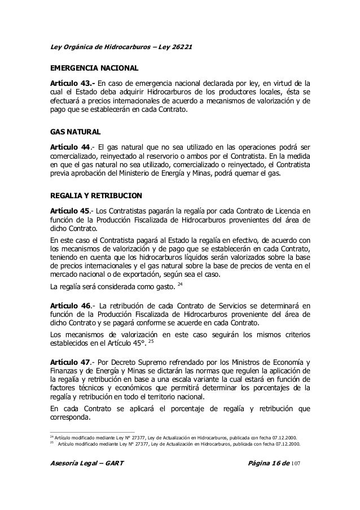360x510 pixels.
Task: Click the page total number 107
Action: [x=299, y=464]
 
